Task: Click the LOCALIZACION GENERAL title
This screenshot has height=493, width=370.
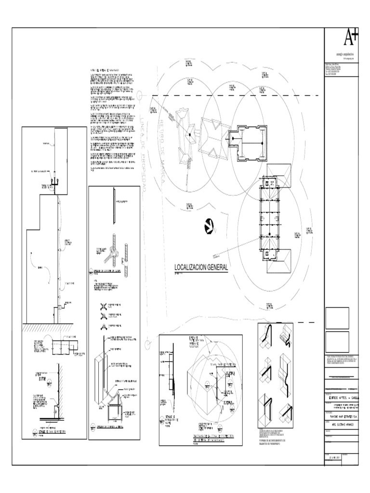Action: pos(201,267)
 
